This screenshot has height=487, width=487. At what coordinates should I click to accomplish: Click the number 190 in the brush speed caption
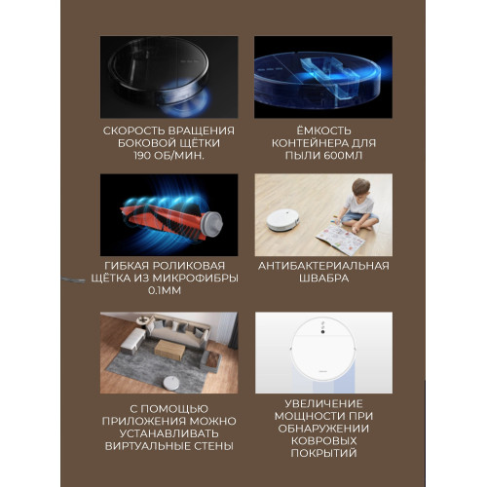[142, 156]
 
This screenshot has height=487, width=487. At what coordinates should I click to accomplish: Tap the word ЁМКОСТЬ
[323, 131]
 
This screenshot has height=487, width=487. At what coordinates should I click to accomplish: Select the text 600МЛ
[343, 156]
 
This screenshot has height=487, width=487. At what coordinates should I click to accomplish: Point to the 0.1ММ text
[165, 290]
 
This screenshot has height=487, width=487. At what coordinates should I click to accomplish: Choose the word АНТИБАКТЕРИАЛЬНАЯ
[323, 266]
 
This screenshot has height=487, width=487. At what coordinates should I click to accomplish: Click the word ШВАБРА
[323, 279]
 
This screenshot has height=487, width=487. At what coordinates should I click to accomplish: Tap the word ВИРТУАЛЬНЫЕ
[148, 446]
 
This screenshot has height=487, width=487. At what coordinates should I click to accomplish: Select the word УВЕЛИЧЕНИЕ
[323, 403]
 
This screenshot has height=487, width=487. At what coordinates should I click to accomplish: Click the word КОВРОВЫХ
[323, 440]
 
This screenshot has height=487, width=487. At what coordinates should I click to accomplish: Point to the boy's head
[360, 187]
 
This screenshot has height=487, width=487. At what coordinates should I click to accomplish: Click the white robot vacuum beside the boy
[282, 221]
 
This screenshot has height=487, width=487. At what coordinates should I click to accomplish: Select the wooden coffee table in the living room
[169, 350]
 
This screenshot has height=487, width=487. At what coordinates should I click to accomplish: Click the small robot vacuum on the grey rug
[170, 384]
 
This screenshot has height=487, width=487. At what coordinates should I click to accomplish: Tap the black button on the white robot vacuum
[322, 331]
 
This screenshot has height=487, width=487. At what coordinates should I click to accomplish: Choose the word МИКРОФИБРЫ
[196, 279]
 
